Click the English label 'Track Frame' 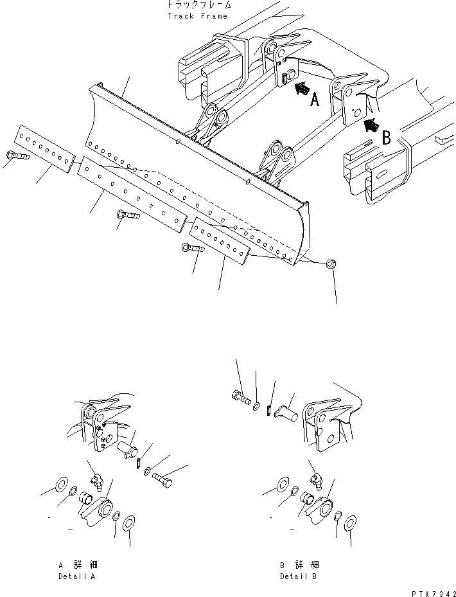coord(197,16)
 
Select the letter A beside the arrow coord(315,100)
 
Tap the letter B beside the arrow coord(387,136)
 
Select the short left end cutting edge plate coord(44,150)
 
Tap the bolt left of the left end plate coord(16,155)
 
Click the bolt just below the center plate coord(128,217)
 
